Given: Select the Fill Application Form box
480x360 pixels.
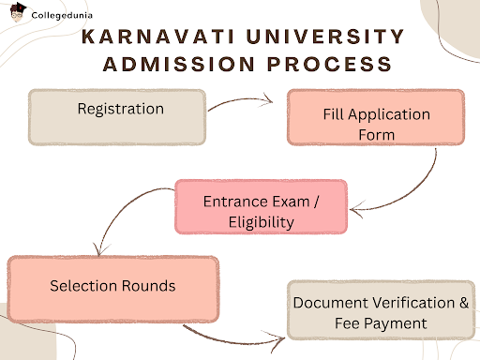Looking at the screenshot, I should click(x=375, y=124).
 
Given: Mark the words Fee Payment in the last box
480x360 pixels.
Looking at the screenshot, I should click(x=375, y=322).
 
